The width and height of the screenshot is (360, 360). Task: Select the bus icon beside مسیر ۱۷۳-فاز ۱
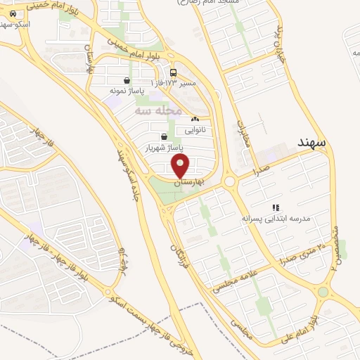point(173,72)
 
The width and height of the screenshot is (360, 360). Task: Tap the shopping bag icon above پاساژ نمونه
point(126,80)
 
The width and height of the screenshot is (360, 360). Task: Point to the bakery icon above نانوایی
point(195,121)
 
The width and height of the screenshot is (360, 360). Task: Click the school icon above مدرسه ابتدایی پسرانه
point(276,207)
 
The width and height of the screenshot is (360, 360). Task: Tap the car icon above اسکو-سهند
point(13,13)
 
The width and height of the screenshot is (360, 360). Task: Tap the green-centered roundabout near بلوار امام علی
point(323,292)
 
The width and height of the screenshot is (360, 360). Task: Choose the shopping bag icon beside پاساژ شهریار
point(164,137)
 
